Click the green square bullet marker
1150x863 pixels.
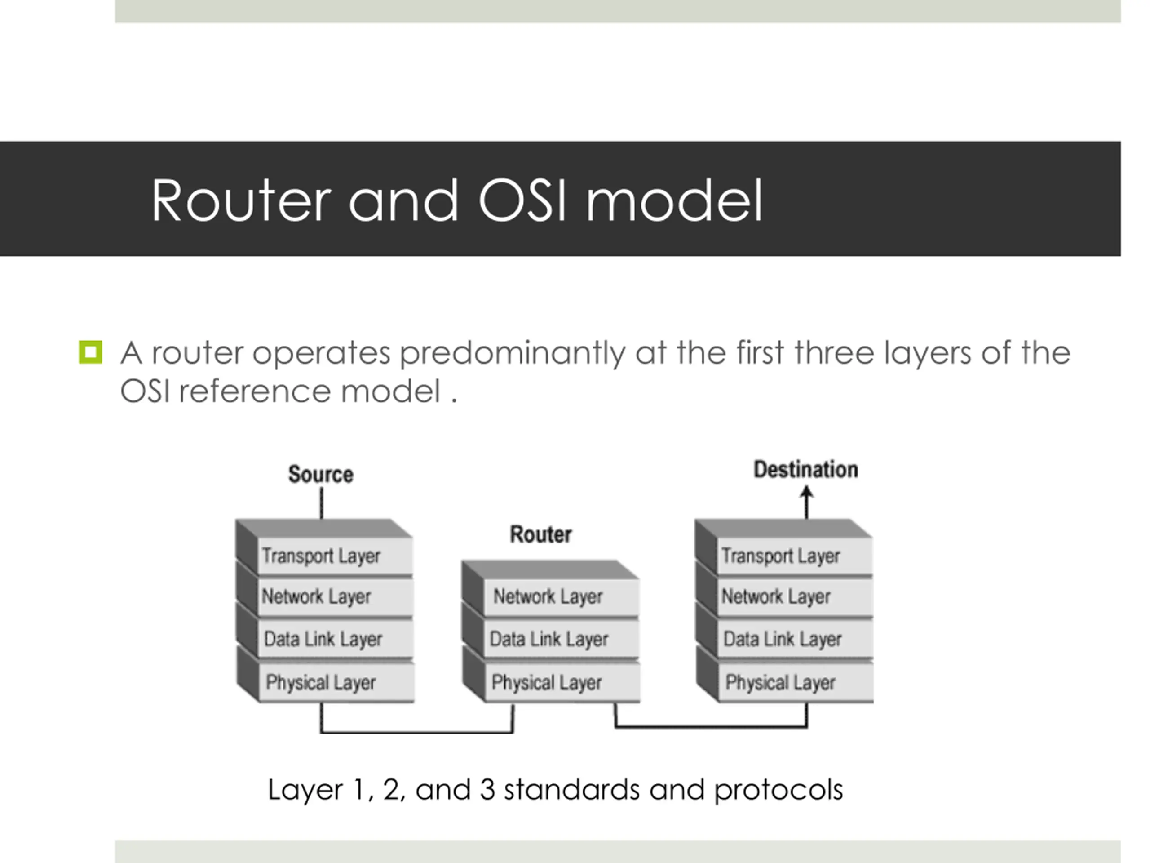click(90, 352)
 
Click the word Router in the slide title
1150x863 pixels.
click(241, 201)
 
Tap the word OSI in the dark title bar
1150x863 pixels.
click(522, 201)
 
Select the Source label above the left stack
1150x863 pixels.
click(321, 474)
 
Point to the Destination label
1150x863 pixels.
click(806, 469)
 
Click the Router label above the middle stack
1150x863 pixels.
click(541, 534)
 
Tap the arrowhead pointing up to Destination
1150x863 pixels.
click(806, 492)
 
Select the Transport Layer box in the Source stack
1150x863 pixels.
click(335, 556)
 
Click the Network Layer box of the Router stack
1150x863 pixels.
click(562, 596)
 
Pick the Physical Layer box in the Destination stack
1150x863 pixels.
click(796, 682)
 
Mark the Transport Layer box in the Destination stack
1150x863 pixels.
click(795, 556)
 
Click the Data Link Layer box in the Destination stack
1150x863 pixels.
click(796, 639)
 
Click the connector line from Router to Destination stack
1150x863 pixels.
click(711, 726)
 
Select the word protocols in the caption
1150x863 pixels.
click(778, 790)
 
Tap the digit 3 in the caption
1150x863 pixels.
click(487, 789)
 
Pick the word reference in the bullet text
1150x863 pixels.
click(255, 391)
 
